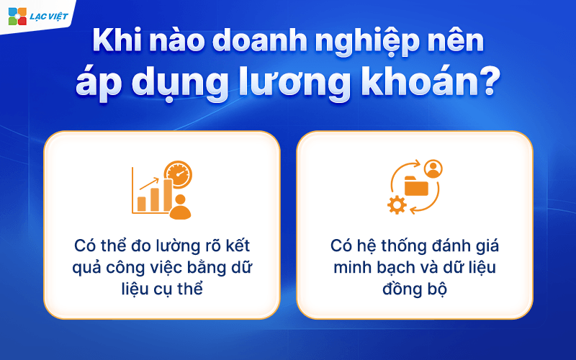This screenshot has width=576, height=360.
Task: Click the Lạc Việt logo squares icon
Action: pos(17,16)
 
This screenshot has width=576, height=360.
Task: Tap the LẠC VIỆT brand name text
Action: pos(49,17)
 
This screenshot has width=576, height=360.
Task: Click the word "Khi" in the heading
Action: pos(117,41)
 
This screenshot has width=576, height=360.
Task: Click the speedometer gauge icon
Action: pos(178,174)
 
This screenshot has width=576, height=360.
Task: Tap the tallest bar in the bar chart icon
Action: pos(168,195)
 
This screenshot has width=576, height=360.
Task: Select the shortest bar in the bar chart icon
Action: pos(141,204)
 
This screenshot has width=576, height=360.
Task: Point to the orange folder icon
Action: pos(416,186)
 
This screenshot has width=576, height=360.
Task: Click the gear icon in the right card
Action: pos(397,205)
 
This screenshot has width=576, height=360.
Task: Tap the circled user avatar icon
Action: pos(433,168)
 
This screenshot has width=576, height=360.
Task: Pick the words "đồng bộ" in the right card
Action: pos(415,289)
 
